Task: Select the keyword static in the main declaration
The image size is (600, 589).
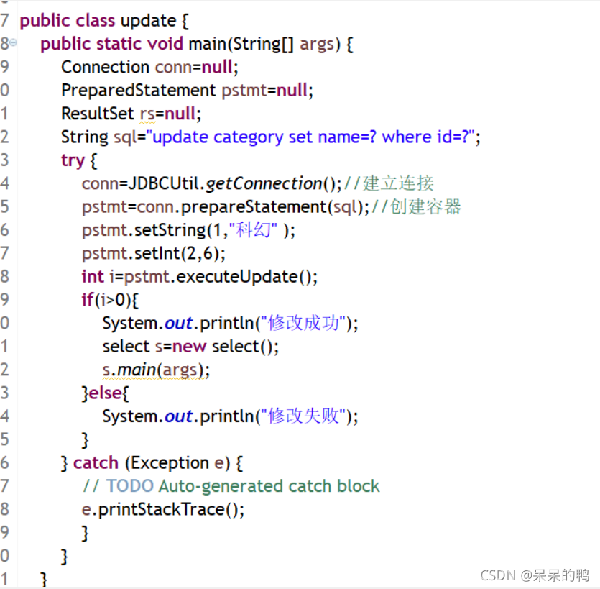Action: coord(119,44)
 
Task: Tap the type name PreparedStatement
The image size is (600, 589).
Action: coord(138,91)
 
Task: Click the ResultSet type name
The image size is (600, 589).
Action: coord(97,114)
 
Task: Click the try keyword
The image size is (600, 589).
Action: coord(73,160)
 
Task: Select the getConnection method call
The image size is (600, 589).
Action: coord(264,183)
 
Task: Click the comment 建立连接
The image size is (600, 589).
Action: coord(398,183)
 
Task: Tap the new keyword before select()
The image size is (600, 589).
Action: coord(189,347)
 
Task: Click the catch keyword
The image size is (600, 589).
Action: coord(96,463)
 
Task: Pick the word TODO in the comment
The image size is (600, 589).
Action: coord(130,486)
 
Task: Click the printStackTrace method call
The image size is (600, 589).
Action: coord(166,510)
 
